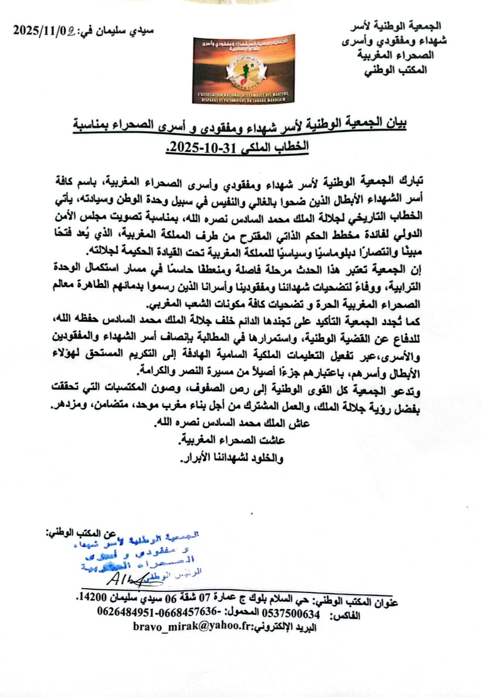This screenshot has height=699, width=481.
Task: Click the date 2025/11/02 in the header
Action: (44, 31)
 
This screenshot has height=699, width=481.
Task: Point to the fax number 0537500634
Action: (292, 614)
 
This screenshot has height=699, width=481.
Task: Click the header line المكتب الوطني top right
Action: (396, 70)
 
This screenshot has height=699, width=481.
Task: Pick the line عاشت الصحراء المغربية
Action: (232, 440)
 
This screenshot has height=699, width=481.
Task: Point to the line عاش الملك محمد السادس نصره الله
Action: (233, 423)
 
